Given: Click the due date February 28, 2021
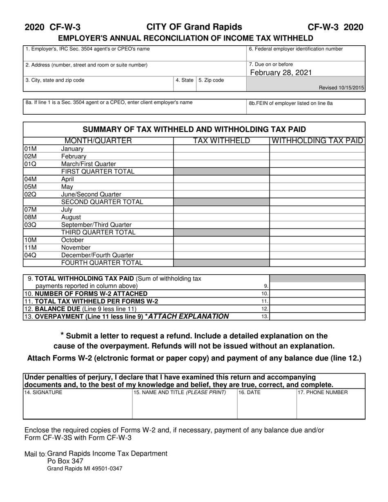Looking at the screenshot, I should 281,73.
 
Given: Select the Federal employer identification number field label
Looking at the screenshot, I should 296,49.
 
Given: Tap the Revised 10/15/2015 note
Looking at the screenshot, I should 341,88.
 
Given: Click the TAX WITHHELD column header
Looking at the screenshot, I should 221,141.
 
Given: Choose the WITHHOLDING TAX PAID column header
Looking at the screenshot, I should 317,141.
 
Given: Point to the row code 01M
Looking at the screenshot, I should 31,149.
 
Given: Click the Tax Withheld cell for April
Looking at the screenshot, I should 221,179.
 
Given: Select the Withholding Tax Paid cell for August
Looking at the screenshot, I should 317,217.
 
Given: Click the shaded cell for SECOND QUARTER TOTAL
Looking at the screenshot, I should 221,202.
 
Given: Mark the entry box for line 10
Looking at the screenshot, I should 317,294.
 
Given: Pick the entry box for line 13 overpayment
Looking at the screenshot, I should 317,316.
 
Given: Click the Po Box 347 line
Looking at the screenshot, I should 65,461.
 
